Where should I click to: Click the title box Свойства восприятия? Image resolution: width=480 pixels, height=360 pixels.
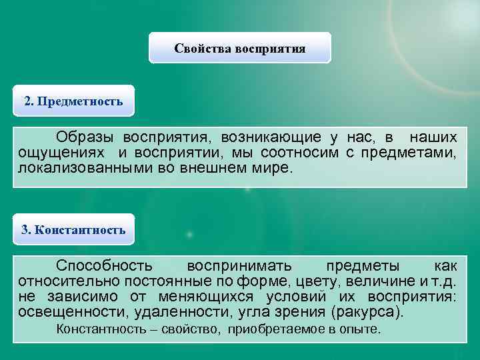click(239, 48)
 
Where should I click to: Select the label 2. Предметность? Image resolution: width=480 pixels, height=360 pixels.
click(73, 101)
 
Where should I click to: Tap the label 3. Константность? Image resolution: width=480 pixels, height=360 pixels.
click(73, 230)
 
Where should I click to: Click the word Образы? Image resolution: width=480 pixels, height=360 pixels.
click(83, 137)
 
